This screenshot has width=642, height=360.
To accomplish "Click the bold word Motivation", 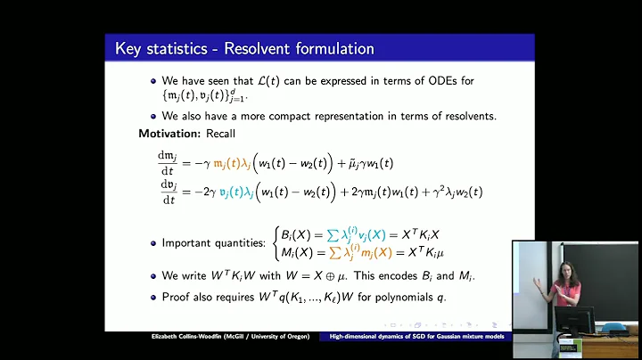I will (170, 134).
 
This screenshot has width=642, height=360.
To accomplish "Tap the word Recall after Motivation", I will (220, 134).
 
